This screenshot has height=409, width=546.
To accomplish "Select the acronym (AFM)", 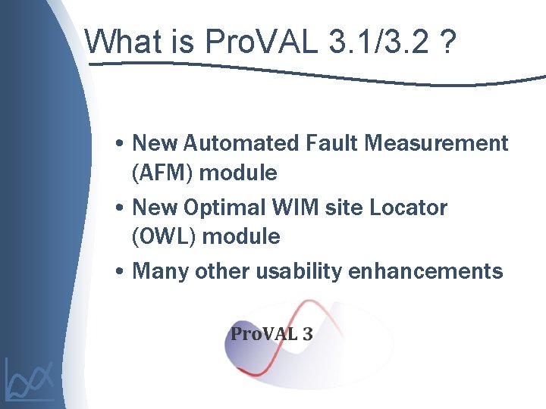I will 163,173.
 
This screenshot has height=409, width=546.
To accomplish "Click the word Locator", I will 408,208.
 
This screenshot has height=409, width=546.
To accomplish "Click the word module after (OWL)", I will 241,237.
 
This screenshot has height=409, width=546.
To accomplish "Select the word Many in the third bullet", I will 161,271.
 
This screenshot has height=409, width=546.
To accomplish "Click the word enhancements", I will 425,271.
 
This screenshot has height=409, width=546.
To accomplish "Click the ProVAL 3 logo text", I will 271,334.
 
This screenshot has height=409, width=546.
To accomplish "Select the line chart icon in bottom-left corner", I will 30,379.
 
